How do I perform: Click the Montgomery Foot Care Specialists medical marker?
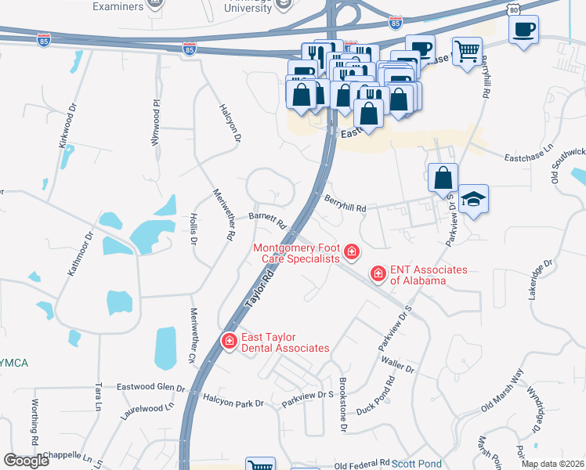352,252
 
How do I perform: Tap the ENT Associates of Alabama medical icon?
378,273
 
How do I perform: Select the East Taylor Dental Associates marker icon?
230,341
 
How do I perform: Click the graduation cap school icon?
473,199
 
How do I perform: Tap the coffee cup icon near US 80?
523,30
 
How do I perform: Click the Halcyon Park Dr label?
234,403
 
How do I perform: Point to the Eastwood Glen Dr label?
150,387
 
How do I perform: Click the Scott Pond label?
417,464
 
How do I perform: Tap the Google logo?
26,461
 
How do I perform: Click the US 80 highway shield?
512,9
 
